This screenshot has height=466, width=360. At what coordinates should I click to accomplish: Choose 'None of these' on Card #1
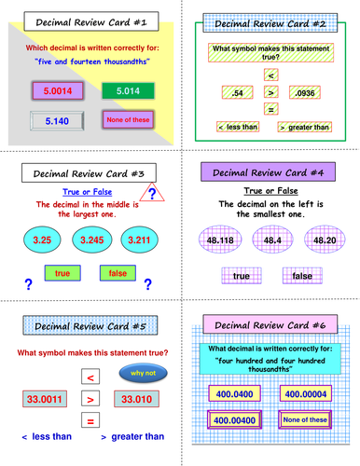pos(123,120)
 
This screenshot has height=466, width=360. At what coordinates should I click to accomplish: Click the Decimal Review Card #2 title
pos(270,21)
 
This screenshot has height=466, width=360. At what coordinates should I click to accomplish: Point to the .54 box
pos(233,92)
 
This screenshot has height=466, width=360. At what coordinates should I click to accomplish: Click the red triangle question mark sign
pos(158,192)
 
